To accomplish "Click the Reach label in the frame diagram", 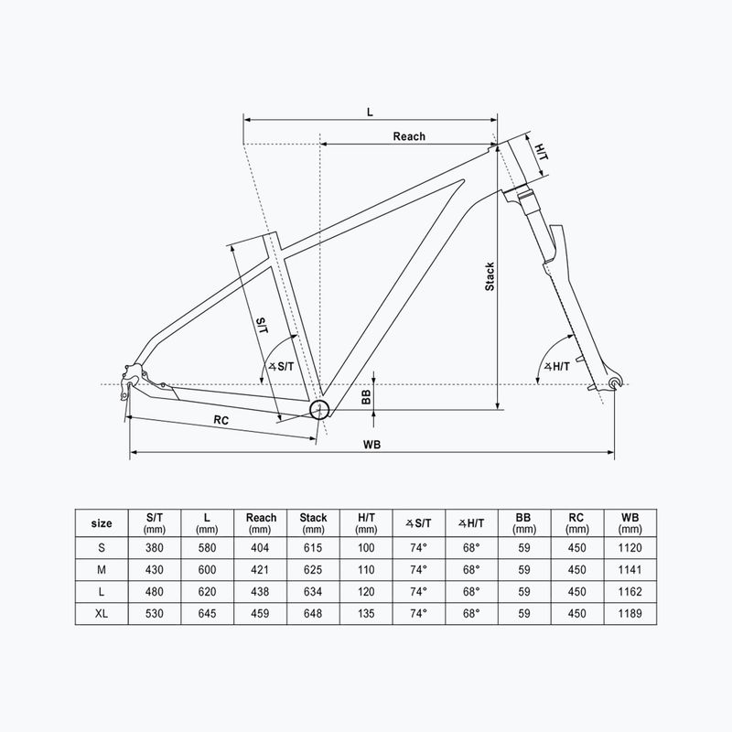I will (x=409, y=136).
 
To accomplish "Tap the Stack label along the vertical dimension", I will (x=490, y=276).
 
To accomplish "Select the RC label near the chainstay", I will (x=221, y=419).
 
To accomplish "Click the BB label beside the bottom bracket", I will (x=366, y=396).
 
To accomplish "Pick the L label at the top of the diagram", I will (x=370, y=111).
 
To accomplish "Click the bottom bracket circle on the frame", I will (x=319, y=409).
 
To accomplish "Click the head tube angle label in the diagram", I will (x=556, y=366).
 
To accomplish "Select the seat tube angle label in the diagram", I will (x=281, y=366).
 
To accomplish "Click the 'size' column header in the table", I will (x=102, y=523).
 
